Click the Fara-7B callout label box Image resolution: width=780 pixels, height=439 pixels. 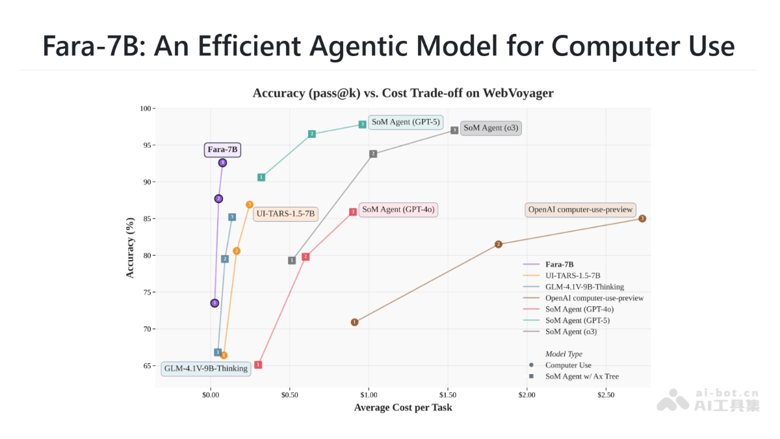point(222,150)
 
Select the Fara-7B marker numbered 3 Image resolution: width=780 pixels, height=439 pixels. point(222,163)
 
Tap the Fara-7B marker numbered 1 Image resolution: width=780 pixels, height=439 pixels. point(214,303)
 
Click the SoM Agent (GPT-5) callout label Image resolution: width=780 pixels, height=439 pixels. point(406,122)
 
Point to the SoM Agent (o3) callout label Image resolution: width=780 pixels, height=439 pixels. point(491,127)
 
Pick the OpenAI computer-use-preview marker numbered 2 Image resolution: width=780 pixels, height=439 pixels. point(499,245)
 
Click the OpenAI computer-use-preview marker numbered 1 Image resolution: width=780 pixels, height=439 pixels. point(354,322)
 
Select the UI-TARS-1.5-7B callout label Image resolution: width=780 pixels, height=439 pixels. point(285,213)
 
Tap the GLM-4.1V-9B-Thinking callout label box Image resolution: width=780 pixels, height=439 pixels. point(206,368)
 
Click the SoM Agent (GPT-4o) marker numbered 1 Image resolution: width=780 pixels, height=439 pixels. point(258,365)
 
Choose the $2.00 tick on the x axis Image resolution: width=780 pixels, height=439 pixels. point(526,395)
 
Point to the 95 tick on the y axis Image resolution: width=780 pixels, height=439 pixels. point(146,145)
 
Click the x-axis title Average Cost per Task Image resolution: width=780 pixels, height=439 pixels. point(403,408)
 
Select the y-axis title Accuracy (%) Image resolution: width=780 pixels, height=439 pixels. point(130,248)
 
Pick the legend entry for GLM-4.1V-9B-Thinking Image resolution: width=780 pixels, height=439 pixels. point(584,287)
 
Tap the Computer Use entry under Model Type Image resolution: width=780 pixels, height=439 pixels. point(567,366)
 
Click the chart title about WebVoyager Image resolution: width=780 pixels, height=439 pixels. point(403,93)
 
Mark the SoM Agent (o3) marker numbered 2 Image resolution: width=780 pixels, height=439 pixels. point(373,154)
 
